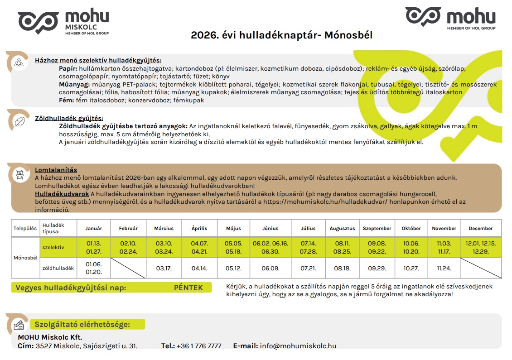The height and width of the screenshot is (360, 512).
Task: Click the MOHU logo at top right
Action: point(450,18)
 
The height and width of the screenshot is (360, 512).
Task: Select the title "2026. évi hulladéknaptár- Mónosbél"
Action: point(281,35)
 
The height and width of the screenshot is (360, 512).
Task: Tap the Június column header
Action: point(270,228)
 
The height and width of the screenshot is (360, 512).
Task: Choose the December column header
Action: point(481,228)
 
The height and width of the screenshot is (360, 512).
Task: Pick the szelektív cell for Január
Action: point(94,247)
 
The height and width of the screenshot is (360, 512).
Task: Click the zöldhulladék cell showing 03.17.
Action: point(164,268)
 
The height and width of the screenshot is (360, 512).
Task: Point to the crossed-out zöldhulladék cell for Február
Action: point(128,268)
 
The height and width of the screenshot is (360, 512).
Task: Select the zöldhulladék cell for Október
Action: point(411,268)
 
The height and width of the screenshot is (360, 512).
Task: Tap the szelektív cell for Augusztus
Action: point(342,247)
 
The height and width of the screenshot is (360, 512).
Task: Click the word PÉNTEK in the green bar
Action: point(188,288)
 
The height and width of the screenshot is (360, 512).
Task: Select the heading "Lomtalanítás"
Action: point(56,170)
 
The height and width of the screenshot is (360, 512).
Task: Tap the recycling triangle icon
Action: point(19,62)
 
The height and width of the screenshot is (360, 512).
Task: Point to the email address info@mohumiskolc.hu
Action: point(298,346)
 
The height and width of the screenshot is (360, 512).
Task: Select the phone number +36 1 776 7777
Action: point(199,346)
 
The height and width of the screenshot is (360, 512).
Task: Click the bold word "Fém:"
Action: point(67,100)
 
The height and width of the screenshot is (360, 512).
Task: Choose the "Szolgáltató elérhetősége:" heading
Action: point(82,324)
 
